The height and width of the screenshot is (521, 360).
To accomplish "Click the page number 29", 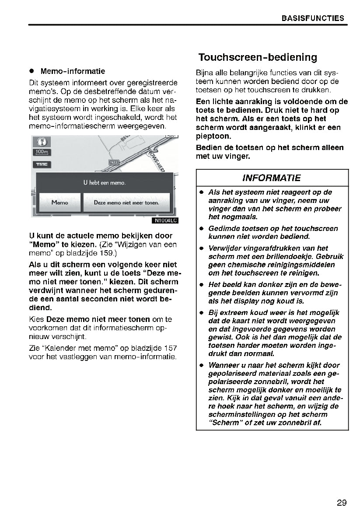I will (342, 503).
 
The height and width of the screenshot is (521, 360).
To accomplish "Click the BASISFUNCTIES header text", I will (312, 18).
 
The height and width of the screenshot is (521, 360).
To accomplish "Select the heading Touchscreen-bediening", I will (258, 57).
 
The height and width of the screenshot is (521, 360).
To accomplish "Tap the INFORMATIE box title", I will (271, 178).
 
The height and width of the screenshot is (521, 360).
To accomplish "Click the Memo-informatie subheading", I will (73, 71).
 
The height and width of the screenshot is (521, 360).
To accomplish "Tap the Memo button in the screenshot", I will (59, 203).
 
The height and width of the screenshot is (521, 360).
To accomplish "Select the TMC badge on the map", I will (42, 164).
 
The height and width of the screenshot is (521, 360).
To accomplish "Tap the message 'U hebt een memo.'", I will (104, 182).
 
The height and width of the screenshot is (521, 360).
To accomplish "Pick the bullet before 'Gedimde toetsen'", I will (202, 228).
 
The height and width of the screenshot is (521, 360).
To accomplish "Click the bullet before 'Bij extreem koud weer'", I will (202, 313).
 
